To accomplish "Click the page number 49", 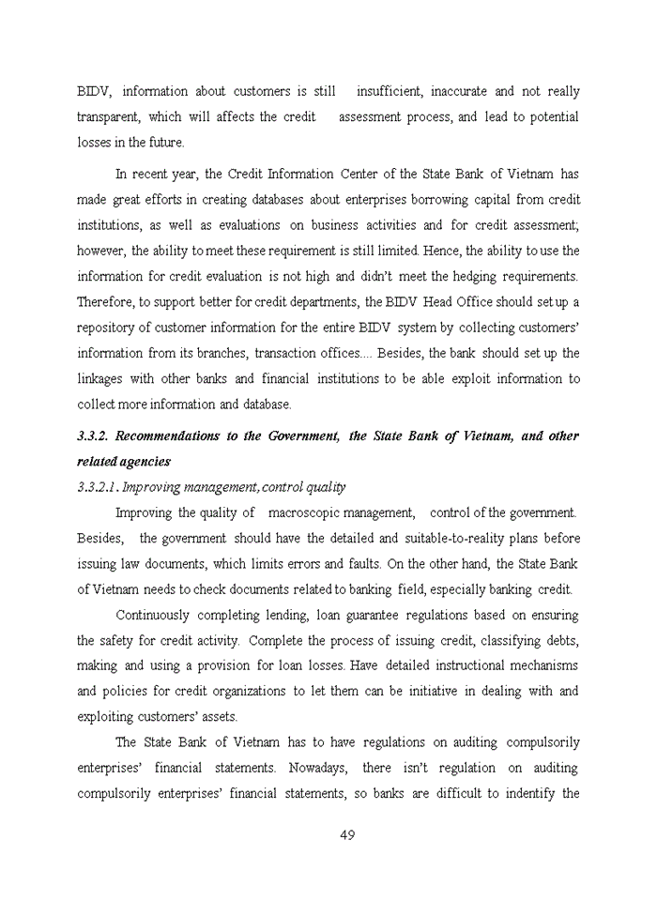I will (x=346, y=835).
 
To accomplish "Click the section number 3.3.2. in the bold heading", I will (x=94, y=436).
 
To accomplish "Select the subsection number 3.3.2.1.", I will (x=98, y=487).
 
